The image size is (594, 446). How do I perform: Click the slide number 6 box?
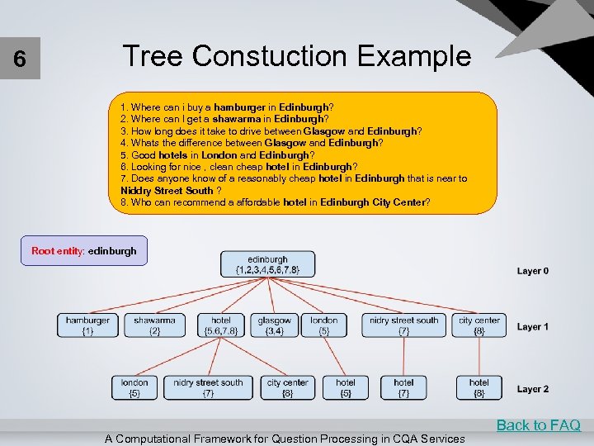tap(20, 60)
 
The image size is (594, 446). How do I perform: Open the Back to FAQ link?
tap(538, 425)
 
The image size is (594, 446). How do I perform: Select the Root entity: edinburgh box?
tap(84, 250)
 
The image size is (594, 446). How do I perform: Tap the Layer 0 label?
tap(533, 271)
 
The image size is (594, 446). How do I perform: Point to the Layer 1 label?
tap(533, 326)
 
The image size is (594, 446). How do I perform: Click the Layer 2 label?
tap(533, 388)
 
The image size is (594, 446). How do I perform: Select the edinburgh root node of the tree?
tap(267, 264)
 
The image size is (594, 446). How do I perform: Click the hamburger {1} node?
tap(87, 325)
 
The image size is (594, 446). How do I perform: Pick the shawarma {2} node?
tap(154, 325)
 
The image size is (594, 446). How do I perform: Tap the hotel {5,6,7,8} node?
tap(221, 325)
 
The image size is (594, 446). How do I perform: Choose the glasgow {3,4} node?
tap(274, 325)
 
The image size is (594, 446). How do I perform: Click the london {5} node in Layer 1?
tap(324, 325)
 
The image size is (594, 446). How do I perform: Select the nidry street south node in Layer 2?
tap(208, 387)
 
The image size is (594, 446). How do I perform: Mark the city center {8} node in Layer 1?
tap(479, 325)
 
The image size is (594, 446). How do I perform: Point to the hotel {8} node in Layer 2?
tap(479, 387)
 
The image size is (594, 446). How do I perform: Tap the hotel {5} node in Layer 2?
tap(346, 387)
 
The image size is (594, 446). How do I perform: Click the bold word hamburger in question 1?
tap(239, 107)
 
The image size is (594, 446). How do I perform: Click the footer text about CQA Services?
tap(285, 439)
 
